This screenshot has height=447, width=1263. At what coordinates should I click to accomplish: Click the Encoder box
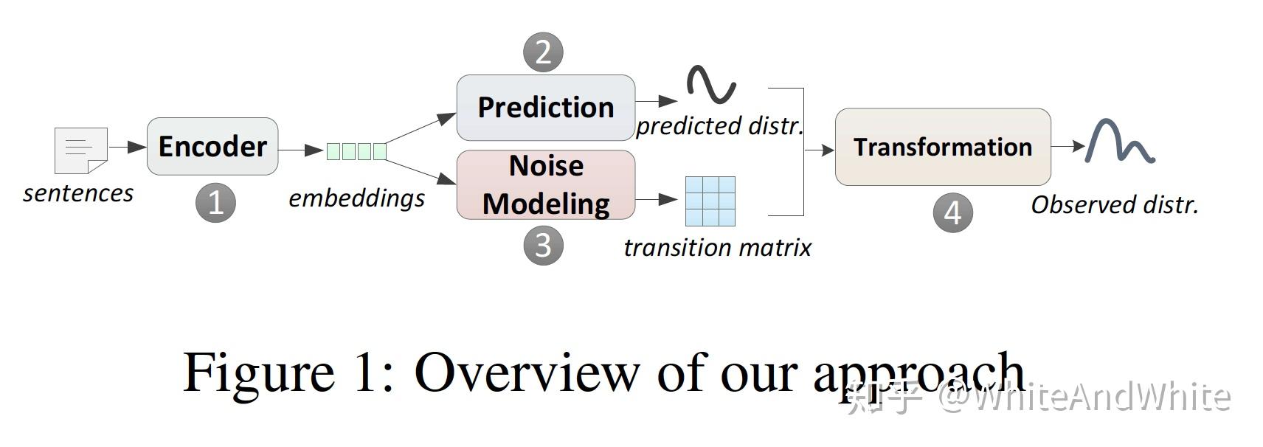[212, 146]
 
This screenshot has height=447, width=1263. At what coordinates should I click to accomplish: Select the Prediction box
[545, 108]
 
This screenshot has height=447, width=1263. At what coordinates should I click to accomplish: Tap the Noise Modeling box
[545, 184]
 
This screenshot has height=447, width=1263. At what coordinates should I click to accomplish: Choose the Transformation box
[942, 147]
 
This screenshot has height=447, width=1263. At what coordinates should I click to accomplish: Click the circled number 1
[215, 203]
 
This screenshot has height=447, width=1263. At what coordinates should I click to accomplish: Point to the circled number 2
[543, 52]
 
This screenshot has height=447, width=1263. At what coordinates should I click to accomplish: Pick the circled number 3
[543, 246]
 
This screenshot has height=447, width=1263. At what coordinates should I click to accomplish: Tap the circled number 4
[952, 213]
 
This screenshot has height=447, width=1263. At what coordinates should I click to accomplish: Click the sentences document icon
[81, 150]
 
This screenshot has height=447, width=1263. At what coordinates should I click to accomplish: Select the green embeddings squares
[356, 151]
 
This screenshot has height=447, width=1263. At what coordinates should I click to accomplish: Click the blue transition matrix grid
[710, 201]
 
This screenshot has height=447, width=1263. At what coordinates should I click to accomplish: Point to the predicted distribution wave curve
[711, 84]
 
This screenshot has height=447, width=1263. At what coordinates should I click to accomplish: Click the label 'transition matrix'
[717, 248]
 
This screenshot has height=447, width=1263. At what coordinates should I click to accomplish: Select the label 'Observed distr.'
[1114, 205]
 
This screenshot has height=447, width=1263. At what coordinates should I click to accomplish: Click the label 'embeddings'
[356, 198]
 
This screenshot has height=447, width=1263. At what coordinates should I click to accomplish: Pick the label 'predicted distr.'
[719, 126]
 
